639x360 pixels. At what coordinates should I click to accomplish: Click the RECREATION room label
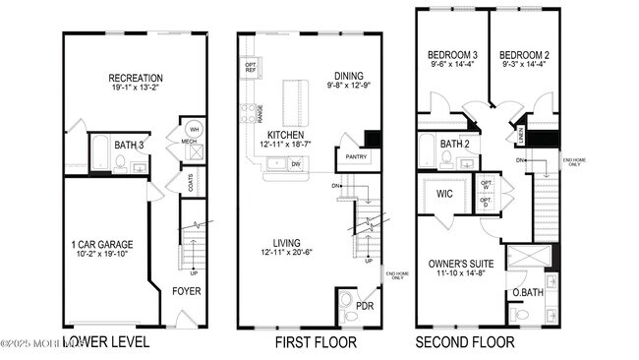click(136, 79)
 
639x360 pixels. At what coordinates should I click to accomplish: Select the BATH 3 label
click(129, 146)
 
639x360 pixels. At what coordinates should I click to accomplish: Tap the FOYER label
click(187, 291)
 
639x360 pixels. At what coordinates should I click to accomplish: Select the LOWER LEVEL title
click(106, 342)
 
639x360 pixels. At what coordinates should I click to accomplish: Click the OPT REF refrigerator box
click(251, 69)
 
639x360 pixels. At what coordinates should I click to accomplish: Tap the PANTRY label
click(352, 156)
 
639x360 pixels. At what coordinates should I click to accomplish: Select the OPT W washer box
click(487, 184)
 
